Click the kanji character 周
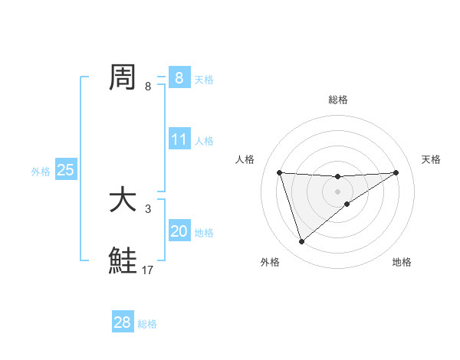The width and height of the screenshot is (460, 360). [x=123, y=77]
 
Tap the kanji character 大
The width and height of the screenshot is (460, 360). [x=123, y=200]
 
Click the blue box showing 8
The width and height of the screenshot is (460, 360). [x=179, y=78]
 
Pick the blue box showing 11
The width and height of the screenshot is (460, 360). [x=179, y=140]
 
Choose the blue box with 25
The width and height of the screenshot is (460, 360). [x=65, y=171]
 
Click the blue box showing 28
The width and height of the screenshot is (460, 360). [x=123, y=322]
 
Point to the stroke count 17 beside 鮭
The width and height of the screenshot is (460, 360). [x=148, y=270]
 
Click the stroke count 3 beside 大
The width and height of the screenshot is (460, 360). [x=148, y=208]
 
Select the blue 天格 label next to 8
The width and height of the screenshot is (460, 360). [x=204, y=79]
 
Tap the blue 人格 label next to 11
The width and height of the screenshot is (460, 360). [x=204, y=141]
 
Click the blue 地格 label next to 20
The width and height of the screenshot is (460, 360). [x=204, y=233]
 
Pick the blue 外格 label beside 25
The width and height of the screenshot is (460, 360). [x=41, y=172]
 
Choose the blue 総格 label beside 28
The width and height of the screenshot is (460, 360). [x=147, y=324]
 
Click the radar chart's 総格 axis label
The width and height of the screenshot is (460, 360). [x=337, y=100]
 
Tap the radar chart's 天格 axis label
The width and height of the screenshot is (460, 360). [x=432, y=159]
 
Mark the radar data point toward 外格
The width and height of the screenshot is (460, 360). [x=301, y=242]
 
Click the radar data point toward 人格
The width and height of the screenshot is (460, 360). [x=280, y=172]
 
